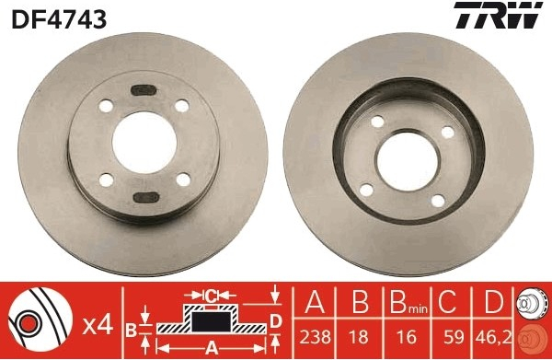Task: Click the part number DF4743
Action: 59,18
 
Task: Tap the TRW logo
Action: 499,15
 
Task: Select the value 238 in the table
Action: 315,337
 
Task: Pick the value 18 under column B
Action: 359,337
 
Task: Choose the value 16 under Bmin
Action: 407,337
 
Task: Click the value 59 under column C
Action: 454,337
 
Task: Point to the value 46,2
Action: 493,337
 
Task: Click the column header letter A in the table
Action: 315,301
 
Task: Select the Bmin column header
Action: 408,302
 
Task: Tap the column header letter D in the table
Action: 494,301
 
